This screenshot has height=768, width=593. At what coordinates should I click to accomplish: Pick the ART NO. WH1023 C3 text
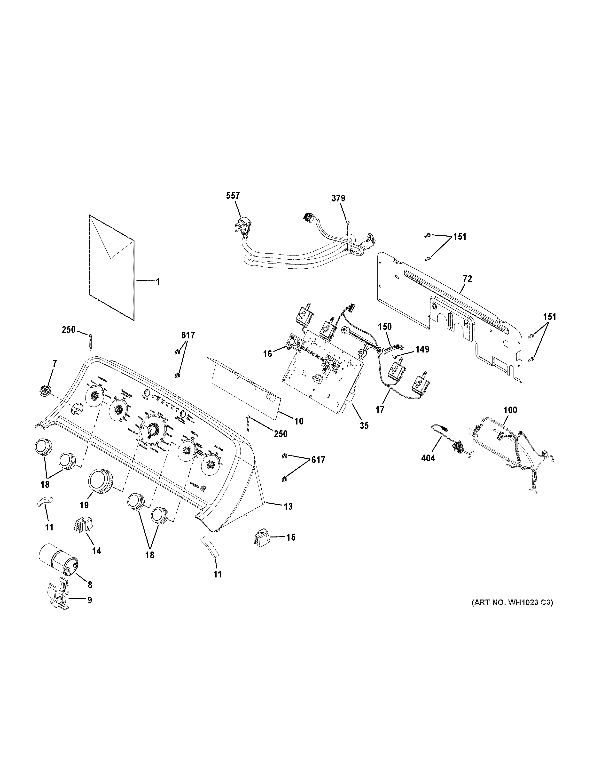tap(512, 603)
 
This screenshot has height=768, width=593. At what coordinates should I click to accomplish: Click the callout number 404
tap(428, 458)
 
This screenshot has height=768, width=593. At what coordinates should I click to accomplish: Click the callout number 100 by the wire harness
tap(510, 410)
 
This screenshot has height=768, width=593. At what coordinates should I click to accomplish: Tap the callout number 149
tap(422, 349)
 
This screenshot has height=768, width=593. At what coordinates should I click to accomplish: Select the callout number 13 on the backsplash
tap(288, 507)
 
